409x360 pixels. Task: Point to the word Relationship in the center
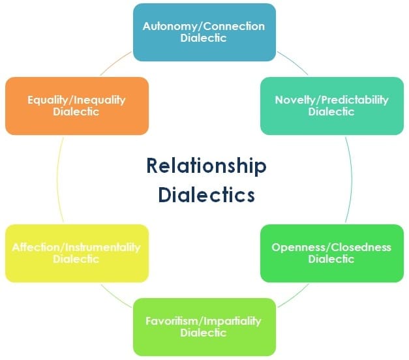[206, 167]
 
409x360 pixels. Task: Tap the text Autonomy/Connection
[204, 27]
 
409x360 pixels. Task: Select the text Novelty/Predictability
[331, 100]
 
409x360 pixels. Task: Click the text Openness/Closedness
[331, 247]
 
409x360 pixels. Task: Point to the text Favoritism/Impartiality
[204, 321]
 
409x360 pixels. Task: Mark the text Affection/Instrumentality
[76, 247]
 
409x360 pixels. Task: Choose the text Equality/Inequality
[76, 100]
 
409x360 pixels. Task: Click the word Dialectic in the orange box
[76, 112]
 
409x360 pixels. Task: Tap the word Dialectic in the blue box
[204, 38]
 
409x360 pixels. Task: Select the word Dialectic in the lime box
[204, 333]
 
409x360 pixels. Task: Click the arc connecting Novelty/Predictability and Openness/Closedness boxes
[352, 180]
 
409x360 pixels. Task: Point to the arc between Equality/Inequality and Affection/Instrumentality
[57, 180]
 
